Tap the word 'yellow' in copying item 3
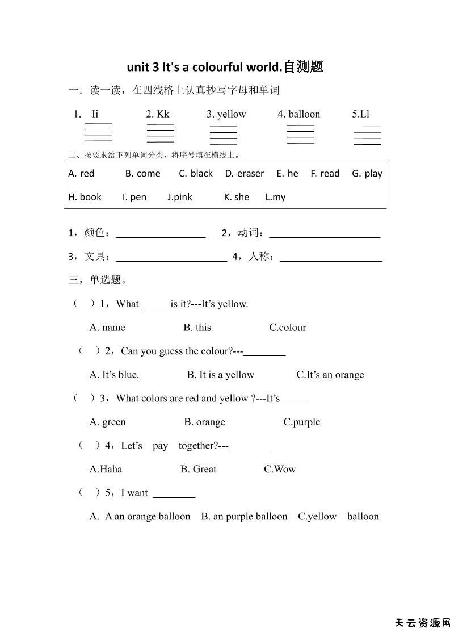pyautogui.click(x=232, y=114)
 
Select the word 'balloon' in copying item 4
pyautogui.click(x=304, y=114)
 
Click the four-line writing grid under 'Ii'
pyautogui.click(x=99, y=132)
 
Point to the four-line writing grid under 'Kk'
pyautogui.click(x=161, y=133)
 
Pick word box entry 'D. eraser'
pyautogui.click(x=245, y=174)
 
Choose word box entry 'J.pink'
pyautogui.click(x=180, y=197)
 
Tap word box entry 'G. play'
pyautogui.click(x=367, y=174)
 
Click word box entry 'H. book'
pyautogui.click(x=85, y=197)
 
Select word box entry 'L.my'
pyautogui.click(x=275, y=197)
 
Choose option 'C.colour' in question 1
pyautogui.click(x=288, y=328)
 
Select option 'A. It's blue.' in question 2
pyautogui.click(x=114, y=375)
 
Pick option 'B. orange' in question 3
pyautogui.click(x=204, y=422)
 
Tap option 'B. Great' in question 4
pyautogui.click(x=198, y=469)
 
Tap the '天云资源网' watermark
pyautogui.click(x=422, y=623)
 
